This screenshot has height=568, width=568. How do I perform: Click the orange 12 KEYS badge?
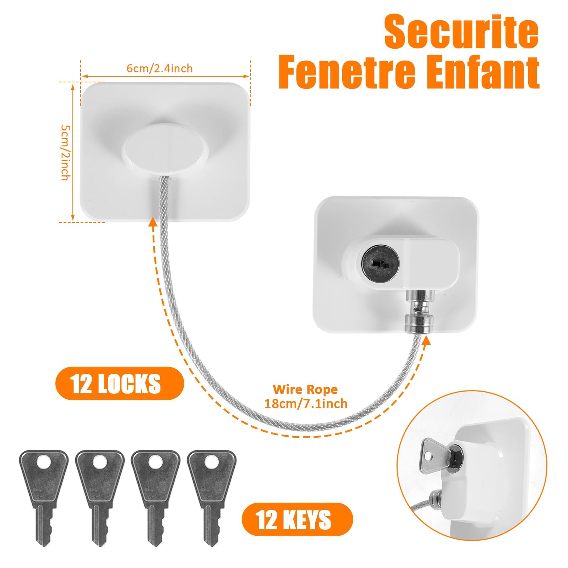click(297, 519)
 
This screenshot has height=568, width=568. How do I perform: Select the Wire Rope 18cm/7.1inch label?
click(306, 397)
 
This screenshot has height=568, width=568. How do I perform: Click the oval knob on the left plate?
click(165, 149)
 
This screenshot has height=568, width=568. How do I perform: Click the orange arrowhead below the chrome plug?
click(426, 340)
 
